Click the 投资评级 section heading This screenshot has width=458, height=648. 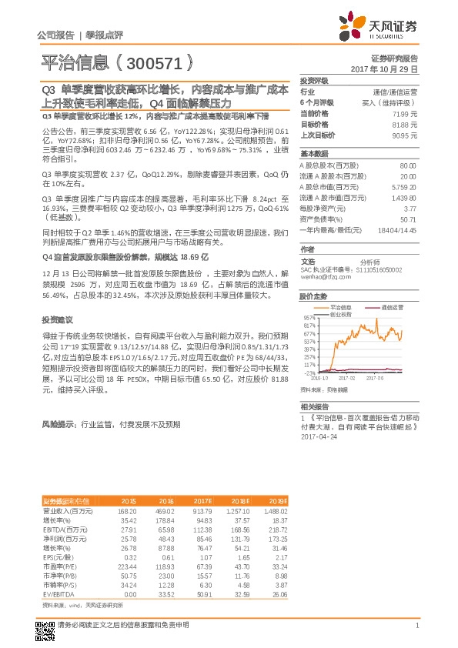pos(314,80)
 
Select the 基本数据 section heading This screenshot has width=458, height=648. pos(314,153)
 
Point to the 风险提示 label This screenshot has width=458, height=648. pos(57,423)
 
